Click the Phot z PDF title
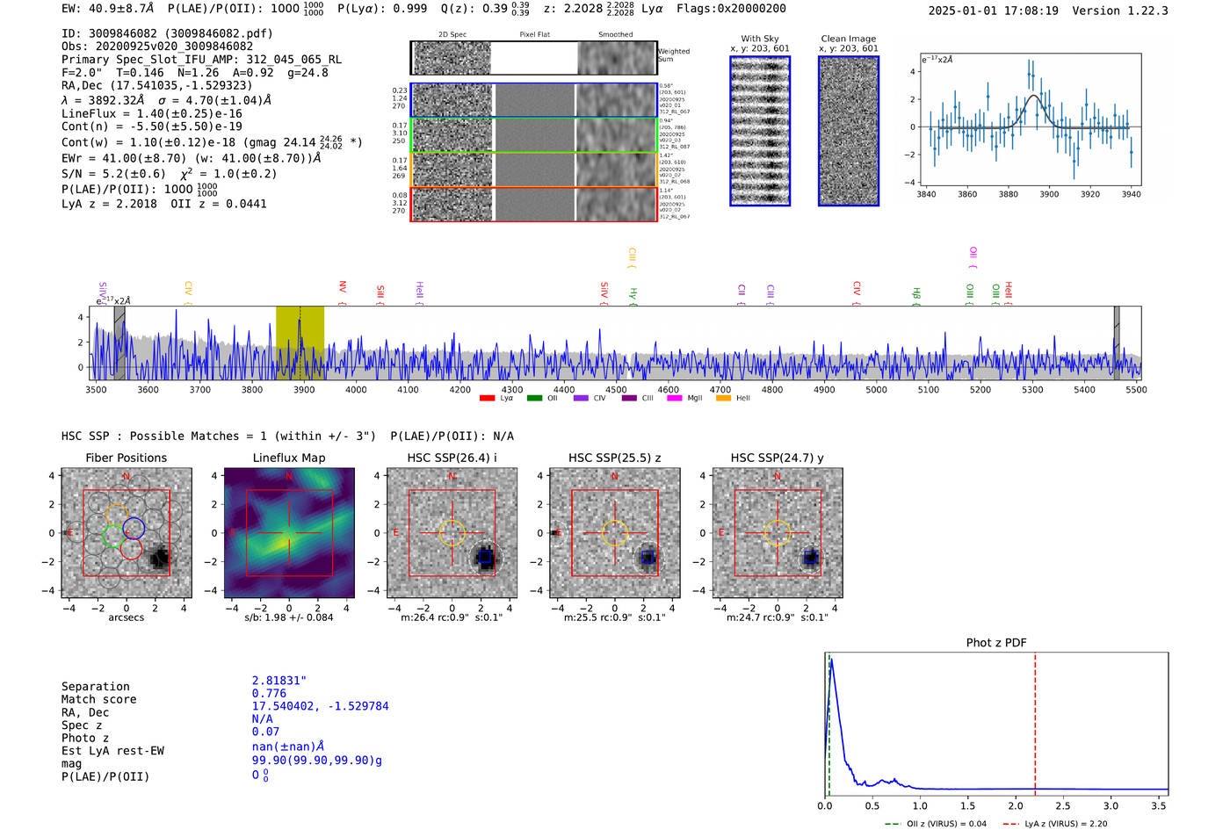(996, 643)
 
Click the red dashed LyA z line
(1035, 720)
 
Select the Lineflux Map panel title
(288, 458)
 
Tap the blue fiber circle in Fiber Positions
(134, 529)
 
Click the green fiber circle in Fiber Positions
(112, 536)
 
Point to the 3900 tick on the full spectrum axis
(304, 390)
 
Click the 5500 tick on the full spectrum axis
(1136, 390)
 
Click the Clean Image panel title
(848, 39)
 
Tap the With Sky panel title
(759, 39)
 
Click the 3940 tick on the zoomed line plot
(1131, 194)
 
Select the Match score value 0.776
(269, 694)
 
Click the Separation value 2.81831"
(279, 681)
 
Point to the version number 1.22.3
(1145, 11)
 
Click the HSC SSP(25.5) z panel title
(614, 458)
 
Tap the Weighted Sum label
(674, 55)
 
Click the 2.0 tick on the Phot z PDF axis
(1016, 805)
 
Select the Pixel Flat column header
(534, 34)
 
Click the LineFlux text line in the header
(151, 113)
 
